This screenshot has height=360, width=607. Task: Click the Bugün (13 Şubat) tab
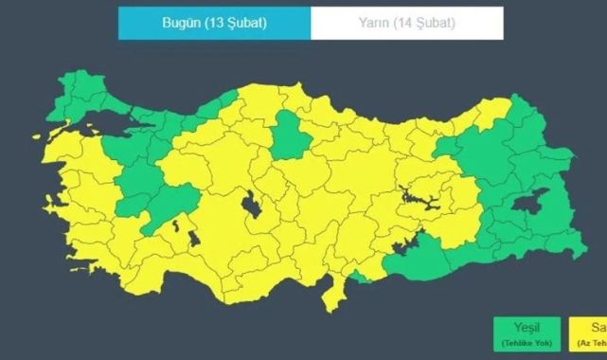214,24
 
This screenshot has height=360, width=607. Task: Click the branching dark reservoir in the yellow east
417,198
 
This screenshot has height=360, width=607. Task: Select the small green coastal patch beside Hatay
360,276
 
